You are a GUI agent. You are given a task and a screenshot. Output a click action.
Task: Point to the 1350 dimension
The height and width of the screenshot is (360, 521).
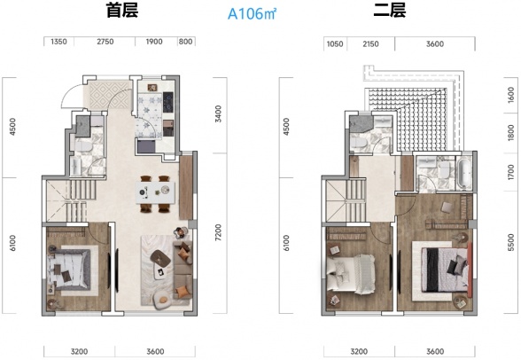click(x=59, y=42)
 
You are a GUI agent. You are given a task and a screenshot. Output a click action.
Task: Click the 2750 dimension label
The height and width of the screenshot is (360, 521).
click(x=105, y=42)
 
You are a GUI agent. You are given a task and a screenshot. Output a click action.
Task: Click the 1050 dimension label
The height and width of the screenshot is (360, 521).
click(x=334, y=42)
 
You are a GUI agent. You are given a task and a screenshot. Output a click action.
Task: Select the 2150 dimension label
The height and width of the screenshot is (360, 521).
click(x=370, y=42)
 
